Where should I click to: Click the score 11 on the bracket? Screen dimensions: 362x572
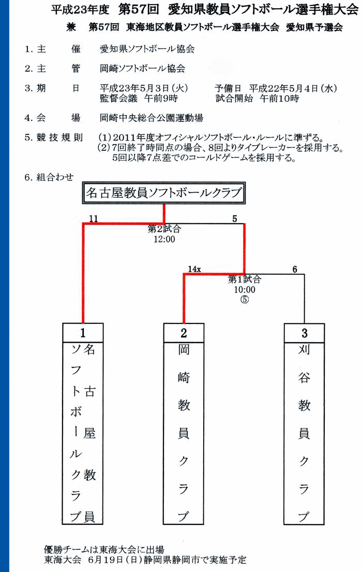pyautogui.click(x=94, y=219)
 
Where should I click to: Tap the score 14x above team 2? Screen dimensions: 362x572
pyautogui.click(x=194, y=269)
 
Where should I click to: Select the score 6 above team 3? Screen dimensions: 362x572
pyautogui.click(x=294, y=269)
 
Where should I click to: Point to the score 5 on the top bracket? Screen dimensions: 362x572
pyautogui.click(x=235, y=219)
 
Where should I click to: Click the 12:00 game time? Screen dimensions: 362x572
pyautogui.click(x=164, y=239)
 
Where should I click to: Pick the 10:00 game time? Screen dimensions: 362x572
pyautogui.click(x=245, y=290)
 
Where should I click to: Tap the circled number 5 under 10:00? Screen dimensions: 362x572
pyautogui.click(x=245, y=300)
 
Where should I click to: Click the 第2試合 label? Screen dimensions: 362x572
pyautogui.click(x=164, y=229)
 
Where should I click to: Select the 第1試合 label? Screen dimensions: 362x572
pyautogui.click(x=245, y=280)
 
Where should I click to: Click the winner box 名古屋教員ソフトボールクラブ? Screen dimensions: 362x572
pyautogui.click(x=164, y=193)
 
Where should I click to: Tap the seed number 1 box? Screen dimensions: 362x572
pyautogui.click(x=83, y=333)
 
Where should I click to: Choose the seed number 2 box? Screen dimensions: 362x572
pyautogui.click(x=184, y=333)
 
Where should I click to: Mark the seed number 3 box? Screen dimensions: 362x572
pyautogui.click(x=305, y=333)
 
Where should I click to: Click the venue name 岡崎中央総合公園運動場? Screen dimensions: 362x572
pyautogui.click(x=152, y=118)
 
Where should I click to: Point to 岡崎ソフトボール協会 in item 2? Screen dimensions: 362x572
pyautogui.click(x=142, y=68)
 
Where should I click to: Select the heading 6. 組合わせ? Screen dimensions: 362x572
pyautogui.click(x=49, y=177)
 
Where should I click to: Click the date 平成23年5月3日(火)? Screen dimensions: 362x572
pyautogui.click(x=144, y=88)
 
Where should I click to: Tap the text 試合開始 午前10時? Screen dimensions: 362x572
pyautogui.click(x=257, y=98)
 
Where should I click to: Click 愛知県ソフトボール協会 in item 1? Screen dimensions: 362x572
pyautogui.click(x=147, y=49)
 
